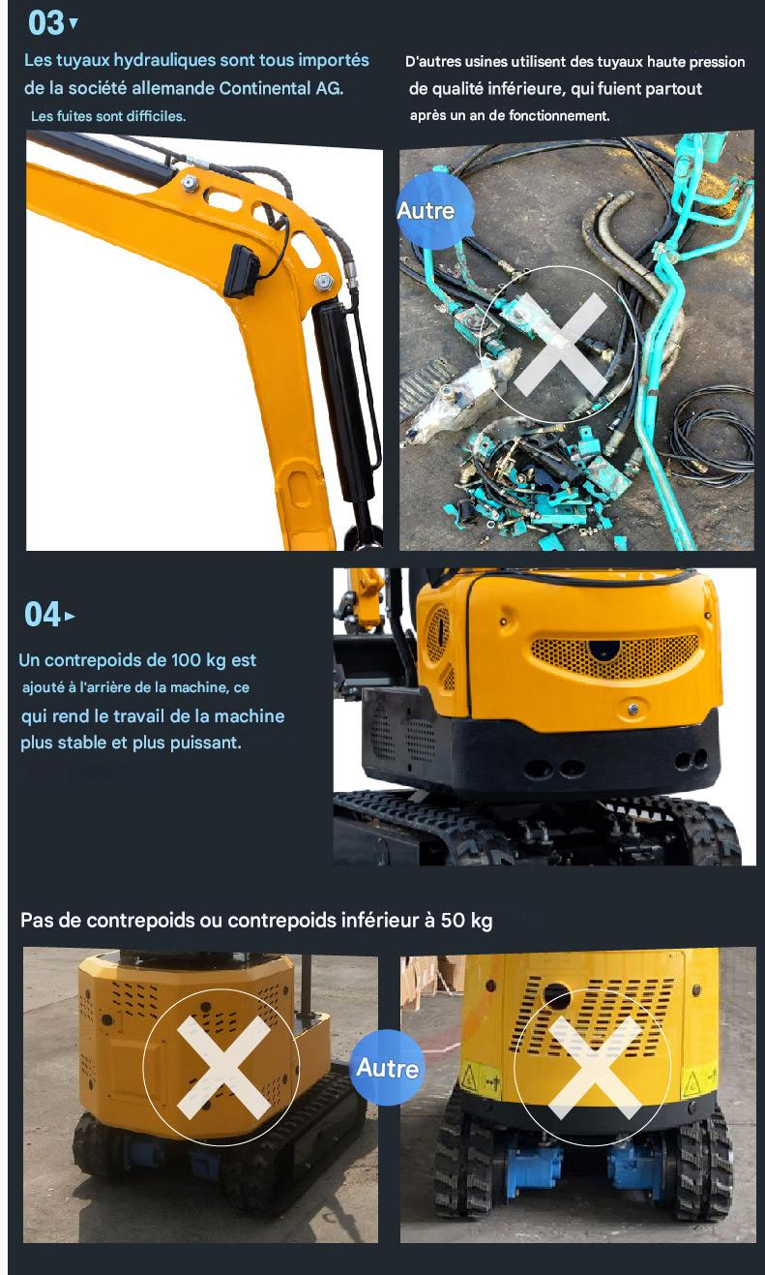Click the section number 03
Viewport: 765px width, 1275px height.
[x=46, y=23]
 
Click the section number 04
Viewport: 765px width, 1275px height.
[x=43, y=615]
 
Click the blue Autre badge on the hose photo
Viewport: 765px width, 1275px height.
[x=435, y=211]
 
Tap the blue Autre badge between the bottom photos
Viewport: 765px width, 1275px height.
[x=387, y=1068]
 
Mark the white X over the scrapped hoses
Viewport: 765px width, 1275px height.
[x=560, y=345]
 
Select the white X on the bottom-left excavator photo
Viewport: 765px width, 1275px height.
[x=223, y=1067]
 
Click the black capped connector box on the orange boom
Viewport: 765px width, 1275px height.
[x=242, y=271]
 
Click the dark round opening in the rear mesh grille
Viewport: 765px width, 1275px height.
[x=603, y=650]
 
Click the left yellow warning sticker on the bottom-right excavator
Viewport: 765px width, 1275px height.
[x=480, y=1077]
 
